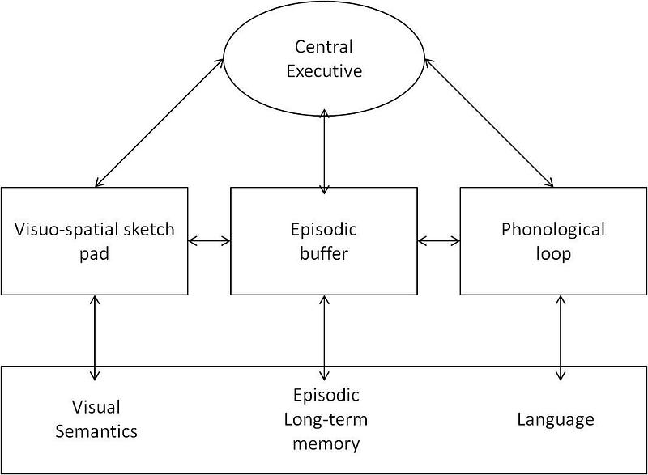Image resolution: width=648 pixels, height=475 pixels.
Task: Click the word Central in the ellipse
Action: (323, 47)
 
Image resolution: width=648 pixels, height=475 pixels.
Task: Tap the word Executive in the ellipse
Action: (325, 71)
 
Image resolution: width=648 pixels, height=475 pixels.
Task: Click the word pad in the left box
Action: (94, 254)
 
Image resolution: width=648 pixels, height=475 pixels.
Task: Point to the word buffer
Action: (324, 253)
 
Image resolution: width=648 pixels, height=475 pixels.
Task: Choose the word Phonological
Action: (553, 230)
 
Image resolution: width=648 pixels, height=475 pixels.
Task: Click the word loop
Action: (553, 254)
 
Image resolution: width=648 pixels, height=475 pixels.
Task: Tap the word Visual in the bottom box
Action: (96, 407)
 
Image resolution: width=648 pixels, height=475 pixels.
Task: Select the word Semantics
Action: (96, 431)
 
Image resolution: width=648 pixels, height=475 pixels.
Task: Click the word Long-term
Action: (326, 420)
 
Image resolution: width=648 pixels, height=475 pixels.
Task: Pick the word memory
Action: (326, 444)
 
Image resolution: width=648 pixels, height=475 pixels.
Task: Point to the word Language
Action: (556, 420)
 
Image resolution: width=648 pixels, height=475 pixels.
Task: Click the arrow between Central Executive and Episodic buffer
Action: (325, 151)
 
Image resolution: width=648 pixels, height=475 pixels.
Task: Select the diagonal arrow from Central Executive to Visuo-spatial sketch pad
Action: (160, 122)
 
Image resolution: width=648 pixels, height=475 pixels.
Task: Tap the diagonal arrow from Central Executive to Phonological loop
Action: (489, 122)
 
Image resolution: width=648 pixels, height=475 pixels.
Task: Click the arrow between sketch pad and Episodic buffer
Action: (209, 241)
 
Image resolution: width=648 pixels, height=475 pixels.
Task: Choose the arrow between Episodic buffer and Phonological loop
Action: (439, 241)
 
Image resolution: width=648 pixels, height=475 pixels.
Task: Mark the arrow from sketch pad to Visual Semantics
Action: (95, 337)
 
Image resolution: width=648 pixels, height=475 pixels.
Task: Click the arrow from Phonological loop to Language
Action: (561, 337)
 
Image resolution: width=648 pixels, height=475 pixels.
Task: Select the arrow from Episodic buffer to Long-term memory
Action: (325, 337)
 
